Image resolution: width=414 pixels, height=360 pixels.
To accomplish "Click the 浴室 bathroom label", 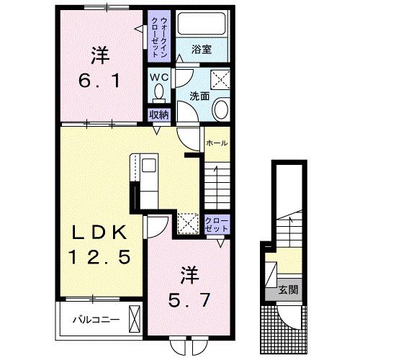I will (202, 50).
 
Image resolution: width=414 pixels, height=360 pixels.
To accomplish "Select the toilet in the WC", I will (158, 91).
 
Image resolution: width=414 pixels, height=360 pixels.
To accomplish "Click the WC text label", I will (159, 76).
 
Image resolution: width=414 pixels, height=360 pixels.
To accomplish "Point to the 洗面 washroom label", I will (199, 95).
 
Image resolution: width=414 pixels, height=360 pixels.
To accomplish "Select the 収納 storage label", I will (158, 114).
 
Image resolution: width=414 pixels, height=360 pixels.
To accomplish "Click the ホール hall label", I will (216, 143).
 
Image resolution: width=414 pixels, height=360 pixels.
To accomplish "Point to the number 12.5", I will (99, 256).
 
